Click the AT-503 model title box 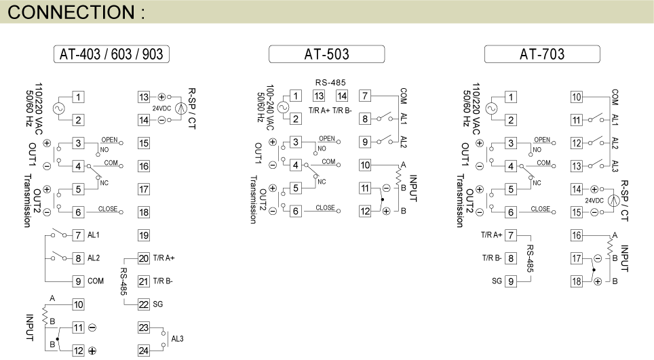[326, 54]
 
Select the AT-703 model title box [542, 54]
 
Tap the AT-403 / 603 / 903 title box [111, 54]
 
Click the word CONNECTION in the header [71, 12]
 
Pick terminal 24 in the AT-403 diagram [143, 351]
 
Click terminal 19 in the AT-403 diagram [143, 235]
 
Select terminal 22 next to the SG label [143, 304]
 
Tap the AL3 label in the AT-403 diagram [177, 339]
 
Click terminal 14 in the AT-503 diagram [342, 96]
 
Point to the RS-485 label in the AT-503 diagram [330, 83]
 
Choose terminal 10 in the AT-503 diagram [365, 165]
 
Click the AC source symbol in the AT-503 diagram [283, 108]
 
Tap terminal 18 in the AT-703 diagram [577, 281]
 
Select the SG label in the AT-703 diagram [497, 281]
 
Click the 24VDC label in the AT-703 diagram [594, 201]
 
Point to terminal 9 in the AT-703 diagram [511, 281]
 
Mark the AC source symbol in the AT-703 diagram [491, 108]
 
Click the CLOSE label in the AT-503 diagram [325, 207]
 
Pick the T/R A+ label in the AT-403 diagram [164, 258]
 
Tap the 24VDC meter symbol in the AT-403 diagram [181, 108]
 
